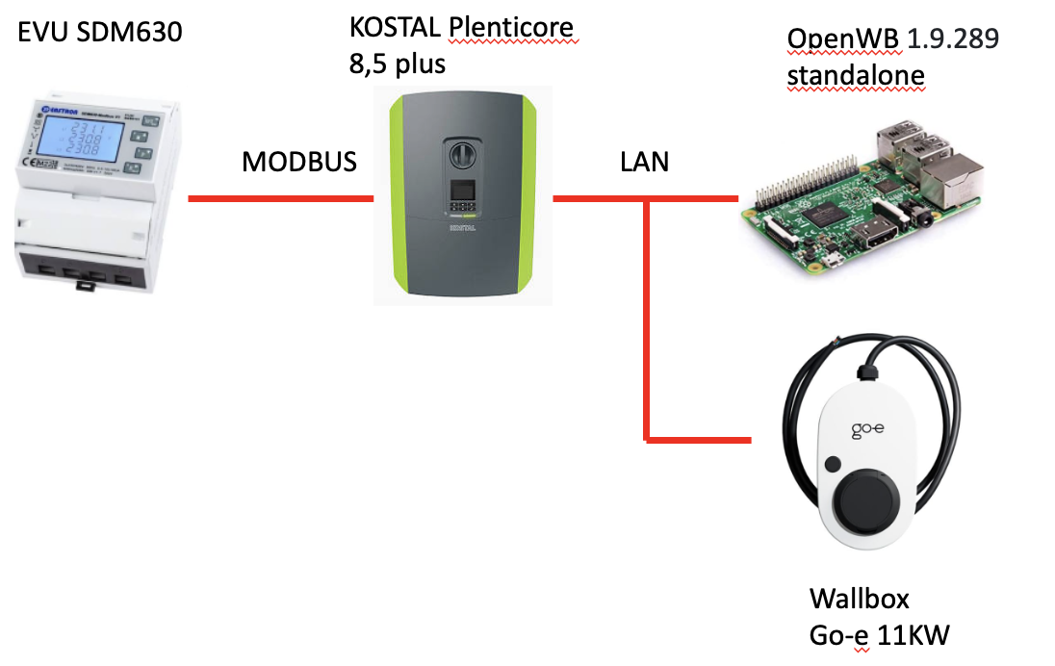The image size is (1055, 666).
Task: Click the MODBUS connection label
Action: coord(299,162)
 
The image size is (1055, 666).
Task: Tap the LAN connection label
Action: coord(644,162)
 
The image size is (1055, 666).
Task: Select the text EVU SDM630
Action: coord(100,33)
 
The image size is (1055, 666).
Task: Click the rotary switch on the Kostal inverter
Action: coord(461,153)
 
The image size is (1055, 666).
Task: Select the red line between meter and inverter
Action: coord(280,199)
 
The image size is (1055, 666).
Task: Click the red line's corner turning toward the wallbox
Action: coord(647,440)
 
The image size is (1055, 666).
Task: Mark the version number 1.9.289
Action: coord(949,39)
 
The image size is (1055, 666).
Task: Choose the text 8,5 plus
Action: coord(398,65)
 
